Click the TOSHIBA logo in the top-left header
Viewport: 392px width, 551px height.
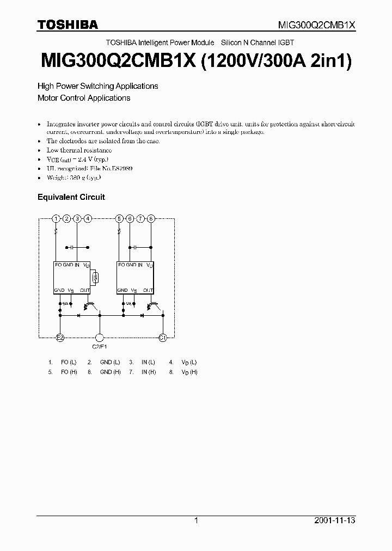[x=68, y=25]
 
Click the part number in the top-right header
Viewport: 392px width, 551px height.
[x=316, y=25]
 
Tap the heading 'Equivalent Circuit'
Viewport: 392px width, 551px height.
[x=71, y=197]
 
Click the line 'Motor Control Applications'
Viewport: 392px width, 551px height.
[x=84, y=98]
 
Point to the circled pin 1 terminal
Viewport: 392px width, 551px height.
[x=56, y=218]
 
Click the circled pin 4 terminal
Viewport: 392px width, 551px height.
[x=88, y=218]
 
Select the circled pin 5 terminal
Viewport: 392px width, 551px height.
[x=119, y=218]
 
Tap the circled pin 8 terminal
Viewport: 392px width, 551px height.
[x=151, y=218]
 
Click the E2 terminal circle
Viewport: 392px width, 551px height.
[x=60, y=338]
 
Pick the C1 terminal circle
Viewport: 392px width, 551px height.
[x=162, y=338]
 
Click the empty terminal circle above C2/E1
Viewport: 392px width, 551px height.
[x=99, y=338]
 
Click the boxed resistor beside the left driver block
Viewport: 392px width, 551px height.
[x=95, y=278]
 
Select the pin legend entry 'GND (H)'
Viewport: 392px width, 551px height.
[x=110, y=372]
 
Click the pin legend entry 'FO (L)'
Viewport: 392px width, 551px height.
[x=69, y=362]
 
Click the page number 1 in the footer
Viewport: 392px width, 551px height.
[x=196, y=521]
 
